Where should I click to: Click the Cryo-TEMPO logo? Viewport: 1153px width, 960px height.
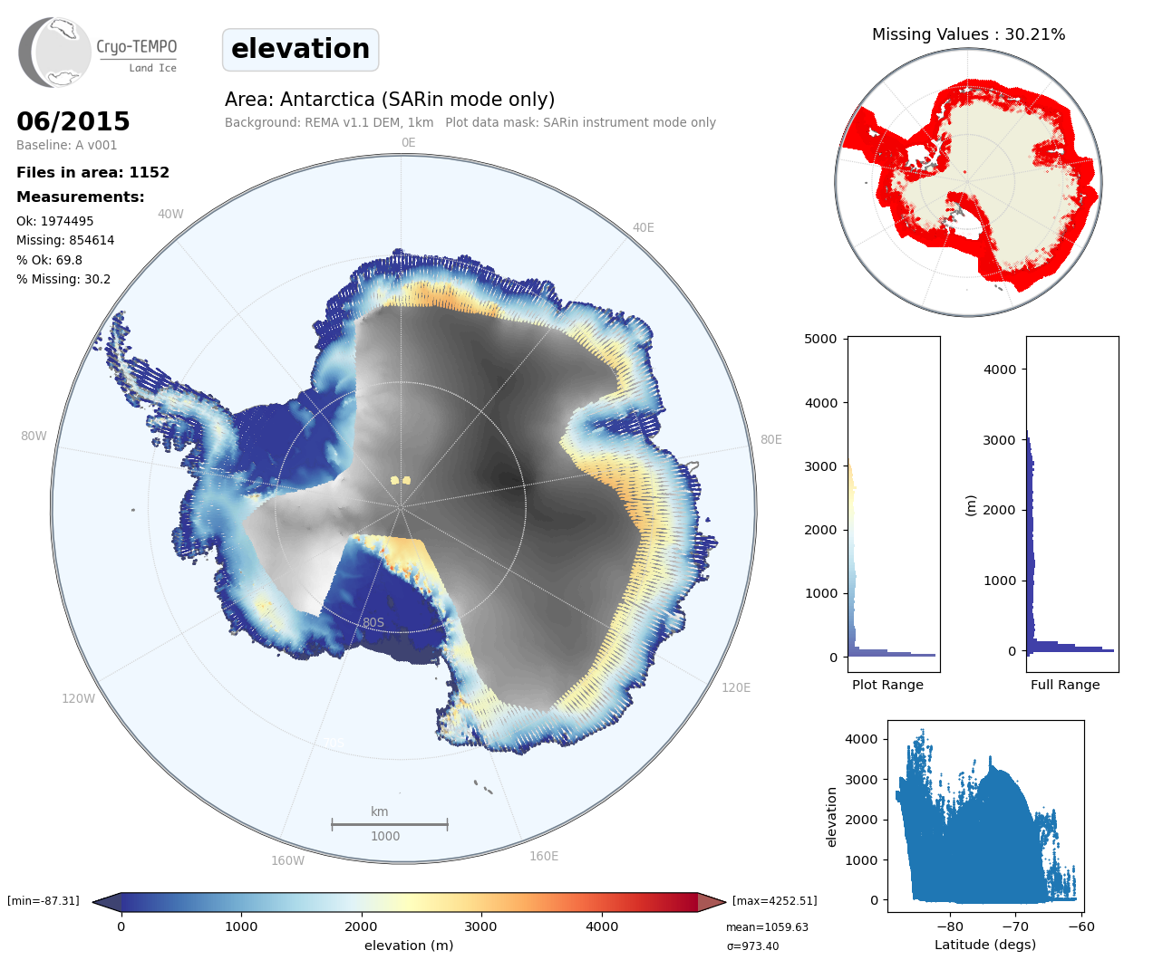(x=98, y=53)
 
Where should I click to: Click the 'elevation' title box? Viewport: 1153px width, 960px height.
(x=300, y=49)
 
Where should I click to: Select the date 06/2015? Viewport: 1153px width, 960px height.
(x=73, y=121)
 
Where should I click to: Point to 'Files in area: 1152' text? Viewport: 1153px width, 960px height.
(x=92, y=172)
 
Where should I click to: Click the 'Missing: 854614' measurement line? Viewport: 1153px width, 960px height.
(x=65, y=240)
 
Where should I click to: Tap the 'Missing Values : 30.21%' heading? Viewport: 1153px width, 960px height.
(x=968, y=34)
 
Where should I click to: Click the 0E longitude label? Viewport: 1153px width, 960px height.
(x=408, y=142)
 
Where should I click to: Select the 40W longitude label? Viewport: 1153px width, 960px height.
(x=170, y=214)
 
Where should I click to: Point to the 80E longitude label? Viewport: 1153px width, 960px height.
(x=770, y=439)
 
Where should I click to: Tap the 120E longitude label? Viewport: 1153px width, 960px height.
(x=736, y=687)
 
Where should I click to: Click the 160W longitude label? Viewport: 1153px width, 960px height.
(x=287, y=860)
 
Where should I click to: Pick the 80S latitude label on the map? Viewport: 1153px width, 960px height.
(x=373, y=622)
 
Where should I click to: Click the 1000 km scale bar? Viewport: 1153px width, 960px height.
(x=389, y=824)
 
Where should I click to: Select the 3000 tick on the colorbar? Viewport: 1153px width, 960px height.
(x=480, y=926)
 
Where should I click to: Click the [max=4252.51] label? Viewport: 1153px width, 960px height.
(x=774, y=901)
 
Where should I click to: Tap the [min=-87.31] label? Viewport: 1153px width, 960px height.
(x=44, y=901)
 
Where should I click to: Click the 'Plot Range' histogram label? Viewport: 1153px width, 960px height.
(x=887, y=685)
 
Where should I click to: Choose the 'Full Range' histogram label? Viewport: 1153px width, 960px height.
(x=1065, y=685)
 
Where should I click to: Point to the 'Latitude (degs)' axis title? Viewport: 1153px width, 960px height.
(x=985, y=945)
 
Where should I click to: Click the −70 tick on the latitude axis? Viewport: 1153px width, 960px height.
(x=1015, y=926)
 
